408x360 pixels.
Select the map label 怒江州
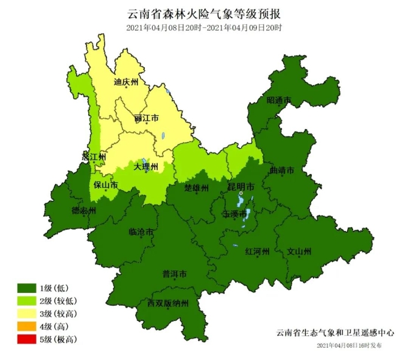pyautogui.click(x=94, y=157)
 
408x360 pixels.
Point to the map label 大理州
pyautogui.click(x=146, y=166)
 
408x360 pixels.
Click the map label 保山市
pyautogui.click(x=106, y=185)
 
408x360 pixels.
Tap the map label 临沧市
pyautogui.click(x=141, y=232)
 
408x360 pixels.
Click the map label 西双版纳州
pyautogui.click(x=168, y=303)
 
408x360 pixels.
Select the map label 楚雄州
pyautogui.click(x=197, y=187)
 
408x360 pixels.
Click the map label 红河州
pyautogui.click(x=256, y=251)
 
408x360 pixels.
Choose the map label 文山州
pyautogui.click(x=299, y=251)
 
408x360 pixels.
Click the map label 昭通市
pyautogui.click(x=278, y=101)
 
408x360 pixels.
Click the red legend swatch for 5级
pyautogui.click(x=26, y=339)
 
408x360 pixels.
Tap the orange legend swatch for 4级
pyautogui.click(x=26, y=326)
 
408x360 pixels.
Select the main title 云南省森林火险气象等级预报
pyautogui.click(x=203, y=13)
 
